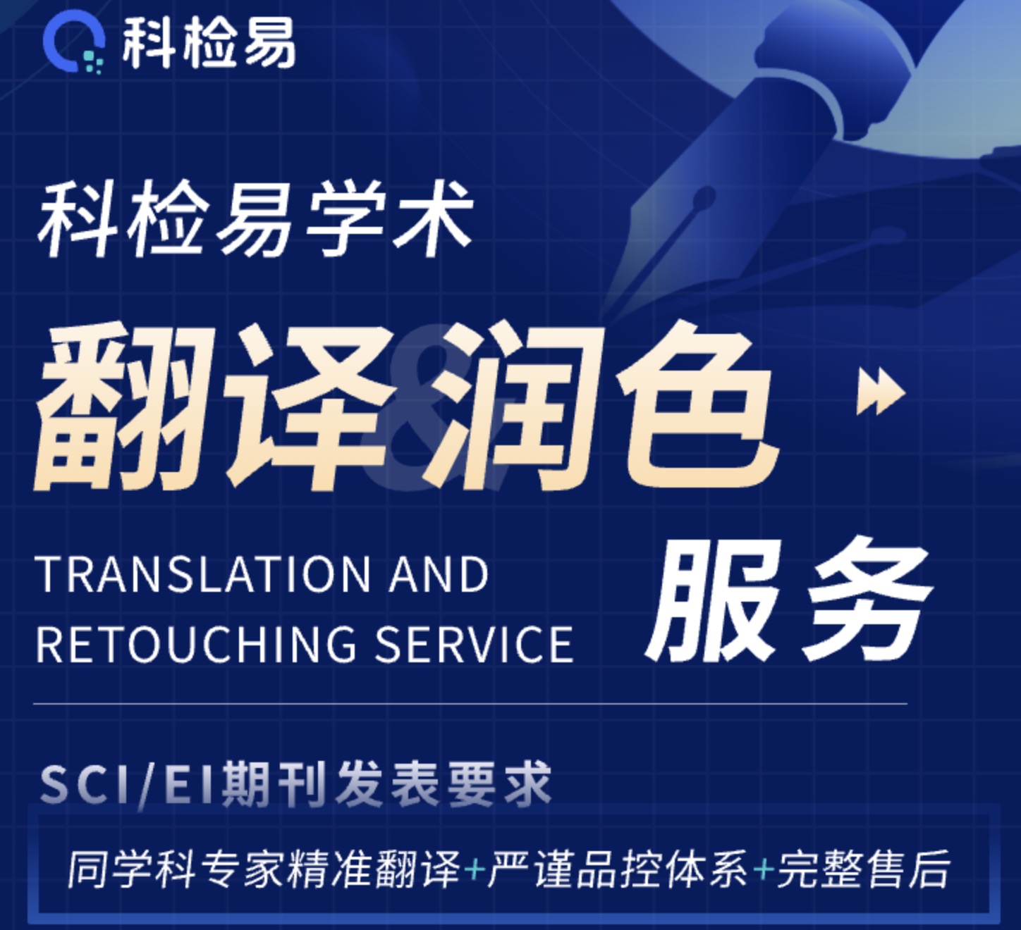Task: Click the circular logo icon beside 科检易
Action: click(x=73, y=44)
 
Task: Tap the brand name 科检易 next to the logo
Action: click(x=208, y=44)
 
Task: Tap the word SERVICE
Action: click(x=474, y=644)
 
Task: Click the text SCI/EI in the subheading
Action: click(x=127, y=783)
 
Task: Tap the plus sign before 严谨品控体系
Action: click(x=474, y=869)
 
